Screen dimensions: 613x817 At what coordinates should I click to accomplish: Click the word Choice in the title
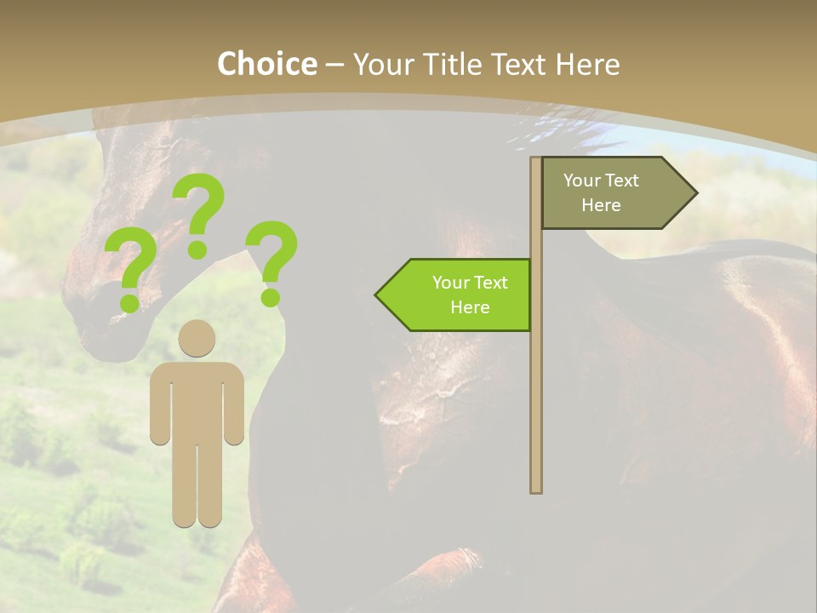tap(266, 64)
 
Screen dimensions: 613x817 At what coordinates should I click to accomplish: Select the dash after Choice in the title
tap(334, 65)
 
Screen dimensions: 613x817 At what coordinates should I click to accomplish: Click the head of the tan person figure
tap(197, 338)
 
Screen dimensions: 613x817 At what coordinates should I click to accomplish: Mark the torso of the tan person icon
tap(197, 400)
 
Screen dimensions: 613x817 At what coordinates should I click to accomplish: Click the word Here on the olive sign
tap(601, 205)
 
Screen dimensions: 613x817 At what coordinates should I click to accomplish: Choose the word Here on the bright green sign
tap(470, 307)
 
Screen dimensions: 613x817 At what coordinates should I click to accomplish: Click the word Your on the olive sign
tap(581, 180)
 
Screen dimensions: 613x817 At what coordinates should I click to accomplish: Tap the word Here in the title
tap(588, 64)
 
